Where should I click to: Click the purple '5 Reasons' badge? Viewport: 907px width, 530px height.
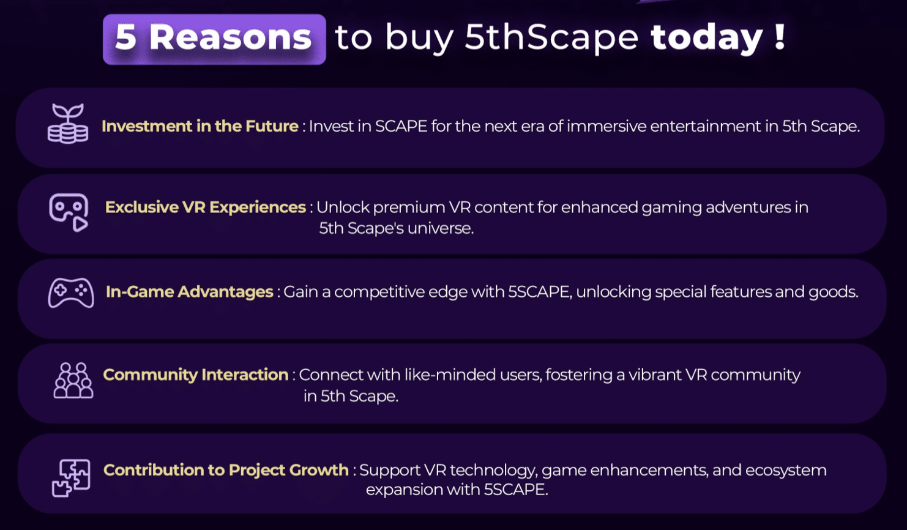pyautogui.click(x=214, y=39)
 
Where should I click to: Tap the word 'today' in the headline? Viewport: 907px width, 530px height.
pyautogui.click(x=707, y=38)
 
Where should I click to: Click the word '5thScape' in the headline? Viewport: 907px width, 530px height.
pyautogui.click(x=551, y=37)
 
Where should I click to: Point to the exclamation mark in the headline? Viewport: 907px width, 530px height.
pyautogui.click(x=780, y=37)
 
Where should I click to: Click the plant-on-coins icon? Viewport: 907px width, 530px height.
pyautogui.click(x=68, y=124)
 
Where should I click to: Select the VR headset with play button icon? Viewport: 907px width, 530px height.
pyautogui.click(x=69, y=212)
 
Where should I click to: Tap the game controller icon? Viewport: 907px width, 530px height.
pyautogui.click(x=71, y=293)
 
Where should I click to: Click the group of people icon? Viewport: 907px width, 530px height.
pyautogui.click(x=73, y=380)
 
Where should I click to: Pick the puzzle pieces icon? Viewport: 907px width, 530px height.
pyautogui.click(x=71, y=478)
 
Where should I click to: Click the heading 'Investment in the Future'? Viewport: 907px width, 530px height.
pyautogui.click(x=200, y=126)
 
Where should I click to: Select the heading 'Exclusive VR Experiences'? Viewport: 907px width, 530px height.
pyautogui.click(x=205, y=207)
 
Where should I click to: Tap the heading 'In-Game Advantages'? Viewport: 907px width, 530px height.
pyautogui.click(x=190, y=292)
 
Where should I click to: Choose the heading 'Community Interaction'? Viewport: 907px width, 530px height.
pyautogui.click(x=196, y=375)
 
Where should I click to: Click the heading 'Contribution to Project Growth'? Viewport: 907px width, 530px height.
pyautogui.click(x=226, y=470)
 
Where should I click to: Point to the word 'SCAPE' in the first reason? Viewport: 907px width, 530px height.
pyautogui.click(x=401, y=126)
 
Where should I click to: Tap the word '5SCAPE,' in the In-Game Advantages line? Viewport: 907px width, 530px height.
pyautogui.click(x=540, y=292)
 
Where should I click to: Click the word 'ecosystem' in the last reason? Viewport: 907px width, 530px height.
pyautogui.click(x=786, y=471)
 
